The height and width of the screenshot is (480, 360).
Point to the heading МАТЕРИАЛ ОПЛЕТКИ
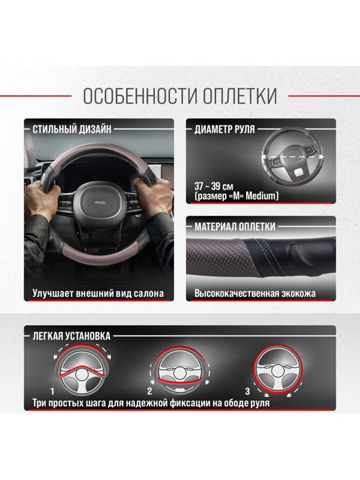click(x=235, y=227)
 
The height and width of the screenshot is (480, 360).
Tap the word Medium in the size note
click(x=262, y=196)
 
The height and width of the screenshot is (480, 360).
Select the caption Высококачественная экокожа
click(x=255, y=294)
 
